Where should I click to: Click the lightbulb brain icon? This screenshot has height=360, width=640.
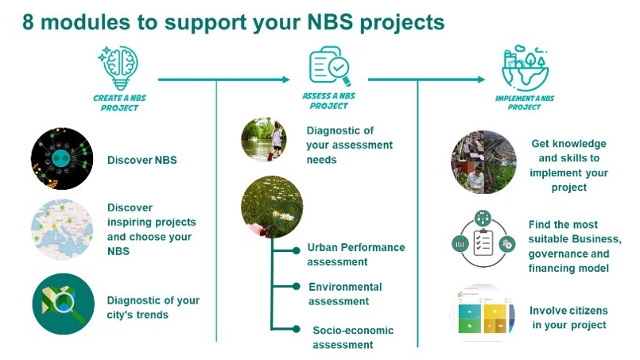[118, 68]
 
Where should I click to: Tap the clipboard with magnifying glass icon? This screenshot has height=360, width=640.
[329, 67]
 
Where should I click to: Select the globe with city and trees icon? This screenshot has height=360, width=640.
[525, 68]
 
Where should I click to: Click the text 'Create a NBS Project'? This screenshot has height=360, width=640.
[119, 103]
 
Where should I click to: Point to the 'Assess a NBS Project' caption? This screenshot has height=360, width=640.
[328, 101]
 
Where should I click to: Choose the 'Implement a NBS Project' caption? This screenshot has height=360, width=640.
[525, 103]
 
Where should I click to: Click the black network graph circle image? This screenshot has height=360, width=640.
[62, 158]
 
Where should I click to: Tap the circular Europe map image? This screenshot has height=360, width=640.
[62, 230]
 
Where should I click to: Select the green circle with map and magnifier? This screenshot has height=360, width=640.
[64, 304]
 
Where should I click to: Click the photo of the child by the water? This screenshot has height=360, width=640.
[264, 139]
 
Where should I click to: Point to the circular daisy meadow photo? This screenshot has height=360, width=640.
[272, 207]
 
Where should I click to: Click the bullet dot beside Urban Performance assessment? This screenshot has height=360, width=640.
[297, 250]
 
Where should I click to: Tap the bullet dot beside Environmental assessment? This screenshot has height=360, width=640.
[297, 287]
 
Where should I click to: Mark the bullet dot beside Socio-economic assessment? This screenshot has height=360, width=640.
[297, 328]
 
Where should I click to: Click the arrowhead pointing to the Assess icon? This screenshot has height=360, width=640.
[286, 79]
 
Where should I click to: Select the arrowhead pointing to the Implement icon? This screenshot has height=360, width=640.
[481, 79]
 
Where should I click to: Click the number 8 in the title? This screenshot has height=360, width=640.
[28, 22]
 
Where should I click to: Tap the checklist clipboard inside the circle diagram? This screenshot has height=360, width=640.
[483, 242]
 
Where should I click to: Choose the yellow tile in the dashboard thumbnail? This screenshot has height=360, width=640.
[495, 311]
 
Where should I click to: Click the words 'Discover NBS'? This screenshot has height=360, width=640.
[142, 160]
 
